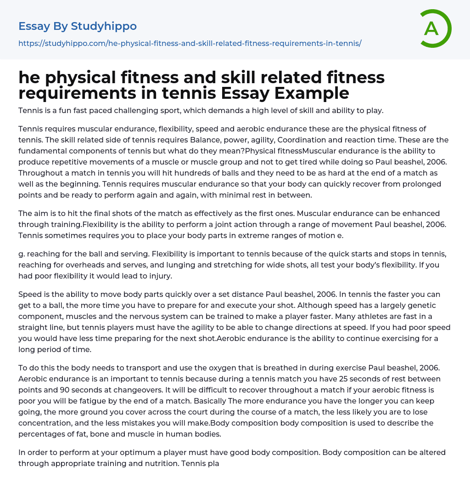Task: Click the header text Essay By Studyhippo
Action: click(78, 27)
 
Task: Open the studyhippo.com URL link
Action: click(190, 43)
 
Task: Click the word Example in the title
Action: click(312, 93)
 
